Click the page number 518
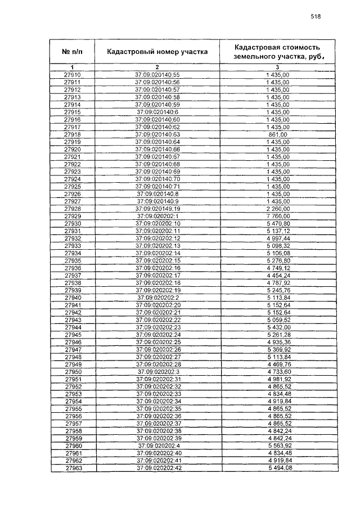tap(315, 16)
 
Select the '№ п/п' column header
tap(72, 52)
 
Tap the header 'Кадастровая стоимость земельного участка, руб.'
tap(278, 52)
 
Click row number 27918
tap(73, 135)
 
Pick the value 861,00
tap(278, 135)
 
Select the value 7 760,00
tap(278, 217)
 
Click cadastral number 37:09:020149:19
tap(157, 209)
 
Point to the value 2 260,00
tap(278, 209)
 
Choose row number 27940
tap(73, 298)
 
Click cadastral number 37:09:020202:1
tap(157, 217)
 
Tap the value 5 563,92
tap(278, 445)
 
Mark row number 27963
tap(73, 468)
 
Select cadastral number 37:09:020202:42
tap(157, 468)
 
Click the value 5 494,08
tap(278, 468)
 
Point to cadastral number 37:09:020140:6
tap(157, 112)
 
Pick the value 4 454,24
tap(278, 276)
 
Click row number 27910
tap(73, 75)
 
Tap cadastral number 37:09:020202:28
tap(157, 364)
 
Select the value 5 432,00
tap(278, 327)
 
